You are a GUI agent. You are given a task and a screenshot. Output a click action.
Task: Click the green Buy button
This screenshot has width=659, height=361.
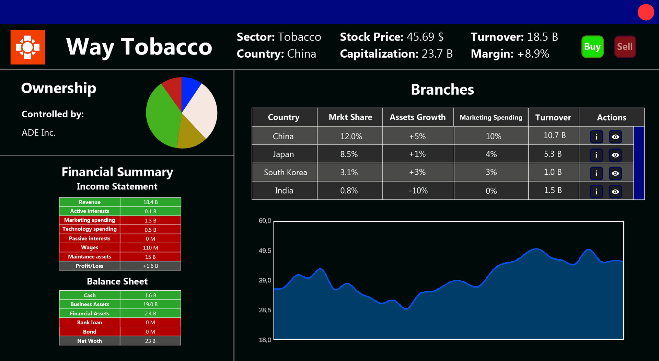click(592, 47)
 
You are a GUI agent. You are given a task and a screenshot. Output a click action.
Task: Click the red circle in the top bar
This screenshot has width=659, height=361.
click(646, 12)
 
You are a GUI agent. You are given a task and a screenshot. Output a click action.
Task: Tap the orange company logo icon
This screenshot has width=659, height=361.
click(28, 47)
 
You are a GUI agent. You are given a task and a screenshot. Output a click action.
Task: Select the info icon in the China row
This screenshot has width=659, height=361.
click(597, 137)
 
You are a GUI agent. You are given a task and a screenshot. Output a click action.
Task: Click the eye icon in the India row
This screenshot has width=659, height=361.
click(615, 191)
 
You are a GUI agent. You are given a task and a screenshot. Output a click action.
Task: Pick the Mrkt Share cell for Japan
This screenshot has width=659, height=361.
click(349, 154)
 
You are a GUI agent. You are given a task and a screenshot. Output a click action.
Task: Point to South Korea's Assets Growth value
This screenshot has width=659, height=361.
click(417, 172)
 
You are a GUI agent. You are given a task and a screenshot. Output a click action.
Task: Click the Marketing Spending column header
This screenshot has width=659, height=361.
click(491, 117)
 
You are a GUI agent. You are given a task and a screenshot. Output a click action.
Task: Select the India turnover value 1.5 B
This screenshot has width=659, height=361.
click(553, 190)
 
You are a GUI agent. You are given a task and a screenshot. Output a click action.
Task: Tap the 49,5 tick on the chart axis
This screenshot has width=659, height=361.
click(265, 251)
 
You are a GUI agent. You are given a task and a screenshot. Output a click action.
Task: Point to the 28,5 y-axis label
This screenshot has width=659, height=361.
click(265, 311)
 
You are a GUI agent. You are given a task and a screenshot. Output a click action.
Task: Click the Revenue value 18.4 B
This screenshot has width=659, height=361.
click(150, 202)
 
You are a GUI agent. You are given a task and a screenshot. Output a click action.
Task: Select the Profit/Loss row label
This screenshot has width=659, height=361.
click(90, 266)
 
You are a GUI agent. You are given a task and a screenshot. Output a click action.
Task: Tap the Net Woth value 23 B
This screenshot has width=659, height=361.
click(150, 341)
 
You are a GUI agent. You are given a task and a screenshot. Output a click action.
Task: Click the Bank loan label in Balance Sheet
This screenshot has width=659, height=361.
click(90, 323)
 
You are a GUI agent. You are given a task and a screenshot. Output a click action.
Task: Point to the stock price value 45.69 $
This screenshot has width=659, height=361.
click(425, 37)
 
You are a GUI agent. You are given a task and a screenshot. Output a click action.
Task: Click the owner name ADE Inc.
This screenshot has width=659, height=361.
click(38, 133)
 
